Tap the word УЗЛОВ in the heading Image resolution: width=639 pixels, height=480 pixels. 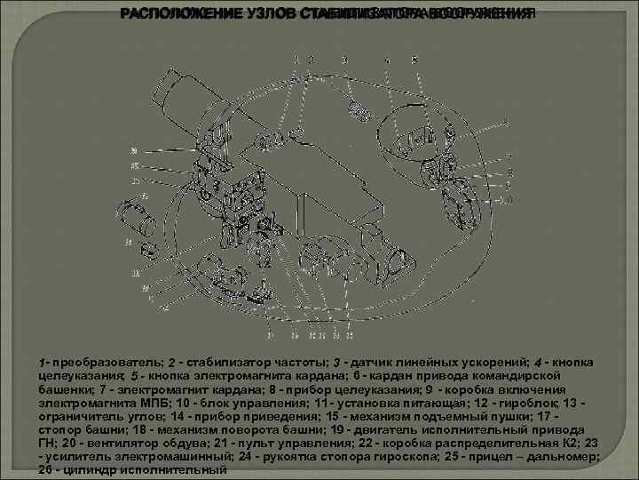(x=263, y=14)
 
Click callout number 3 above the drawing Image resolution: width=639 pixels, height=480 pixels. (x=344, y=60)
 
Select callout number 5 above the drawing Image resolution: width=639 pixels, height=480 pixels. (x=414, y=60)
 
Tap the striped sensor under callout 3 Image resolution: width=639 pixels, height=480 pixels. (x=359, y=110)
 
